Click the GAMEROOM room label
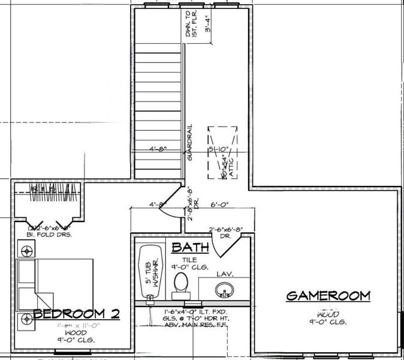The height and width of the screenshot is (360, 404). point(328,296)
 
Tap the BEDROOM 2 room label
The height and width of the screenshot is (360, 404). point(77,314)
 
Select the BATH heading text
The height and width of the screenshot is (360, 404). point(190,247)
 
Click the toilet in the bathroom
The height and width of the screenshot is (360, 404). point(180,286)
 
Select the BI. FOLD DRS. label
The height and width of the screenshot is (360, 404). point(50,235)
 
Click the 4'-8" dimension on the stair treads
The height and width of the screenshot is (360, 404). point(158,149)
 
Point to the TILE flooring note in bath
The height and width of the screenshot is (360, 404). point(189,259)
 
